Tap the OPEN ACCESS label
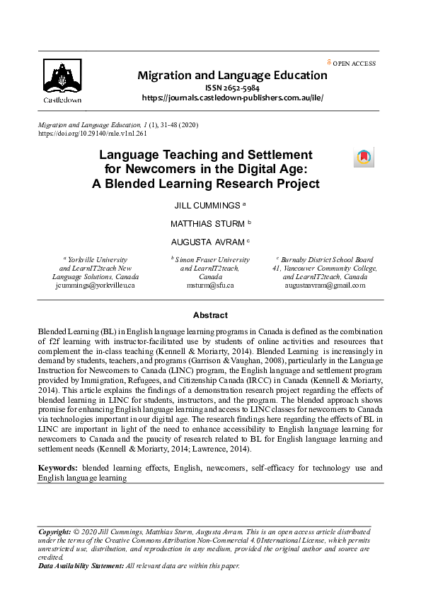pyautogui.click(x=354, y=64)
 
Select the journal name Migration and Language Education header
pyautogui.click(x=232, y=76)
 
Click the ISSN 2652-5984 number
pyautogui.click(x=232, y=88)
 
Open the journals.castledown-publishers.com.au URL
pyautogui.click(x=232, y=98)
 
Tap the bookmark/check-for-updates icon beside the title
pyautogui.click(x=363, y=158)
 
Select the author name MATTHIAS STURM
pyautogui.click(x=207, y=223)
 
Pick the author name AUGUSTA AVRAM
pyautogui.click(x=207, y=242)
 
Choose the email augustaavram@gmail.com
pyautogui.click(x=325, y=285)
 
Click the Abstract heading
pyautogui.click(x=210, y=315)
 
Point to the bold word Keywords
pyautogui.click(x=58, y=468)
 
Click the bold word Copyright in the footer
pyautogui.click(x=53, y=530)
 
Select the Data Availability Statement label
pyautogui.click(x=80, y=566)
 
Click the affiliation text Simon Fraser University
pyautogui.click(x=212, y=260)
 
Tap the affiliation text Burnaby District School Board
pyautogui.click(x=327, y=260)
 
